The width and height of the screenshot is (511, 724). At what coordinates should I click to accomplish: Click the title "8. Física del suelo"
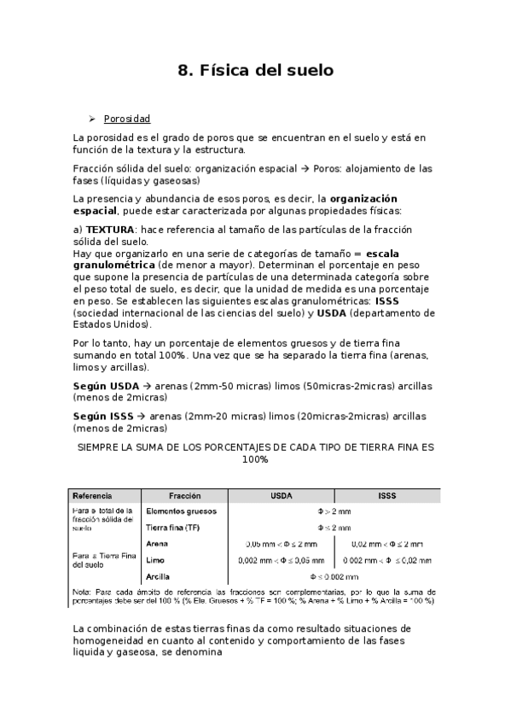pyautogui.click(x=255, y=70)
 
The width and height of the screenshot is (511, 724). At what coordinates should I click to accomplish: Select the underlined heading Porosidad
pyautogui.click(x=127, y=119)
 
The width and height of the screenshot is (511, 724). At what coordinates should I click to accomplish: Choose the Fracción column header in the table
pyautogui.click(x=184, y=495)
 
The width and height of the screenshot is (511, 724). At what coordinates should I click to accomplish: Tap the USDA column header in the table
pyautogui.click(x=282, y=495)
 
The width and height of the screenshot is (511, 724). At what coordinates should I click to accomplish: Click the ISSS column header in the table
pyautogui.click(x=386, y=495)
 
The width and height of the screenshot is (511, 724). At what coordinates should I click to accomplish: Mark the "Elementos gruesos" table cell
pyautogui.click(x=181, y=511)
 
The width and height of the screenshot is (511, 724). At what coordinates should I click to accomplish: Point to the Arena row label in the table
pyautogui.click(x=157, y=544)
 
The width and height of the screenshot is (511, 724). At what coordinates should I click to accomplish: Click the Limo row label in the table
pyautogui.click(x=155, y=560)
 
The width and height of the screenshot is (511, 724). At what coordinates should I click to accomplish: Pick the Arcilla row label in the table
pyautogui.click(x=158, y=576)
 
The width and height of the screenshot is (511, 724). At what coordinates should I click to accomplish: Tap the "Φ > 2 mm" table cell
pyautogui.click(x=334, y=511)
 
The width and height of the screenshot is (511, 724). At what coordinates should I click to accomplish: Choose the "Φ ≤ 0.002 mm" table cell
pyautogui.click(x=334, y=576)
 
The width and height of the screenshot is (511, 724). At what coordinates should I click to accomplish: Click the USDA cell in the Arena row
pyautogui.click(x=282, y=544)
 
